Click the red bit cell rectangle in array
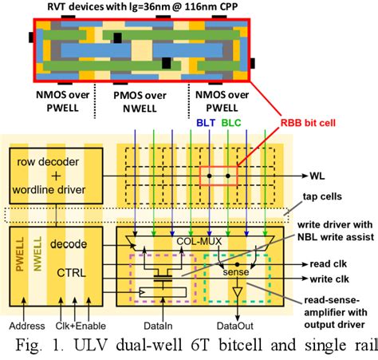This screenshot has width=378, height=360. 219,173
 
